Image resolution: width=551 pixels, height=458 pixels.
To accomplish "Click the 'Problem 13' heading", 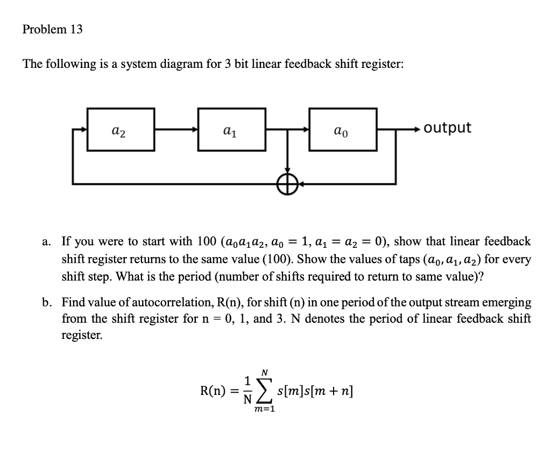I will (53, 30).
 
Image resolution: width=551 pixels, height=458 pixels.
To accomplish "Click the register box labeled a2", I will (121, 130).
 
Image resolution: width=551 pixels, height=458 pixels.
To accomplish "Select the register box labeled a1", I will (232, 130).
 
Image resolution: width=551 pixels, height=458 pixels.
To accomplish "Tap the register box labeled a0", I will (343, 130).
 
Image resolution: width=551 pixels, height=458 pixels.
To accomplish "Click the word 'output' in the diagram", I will (447, 128).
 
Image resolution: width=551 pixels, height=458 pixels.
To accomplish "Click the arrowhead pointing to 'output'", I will (418, 129).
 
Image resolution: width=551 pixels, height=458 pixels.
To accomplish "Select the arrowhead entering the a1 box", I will (194, 129).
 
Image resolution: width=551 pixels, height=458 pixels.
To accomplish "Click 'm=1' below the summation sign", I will (264, 410).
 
